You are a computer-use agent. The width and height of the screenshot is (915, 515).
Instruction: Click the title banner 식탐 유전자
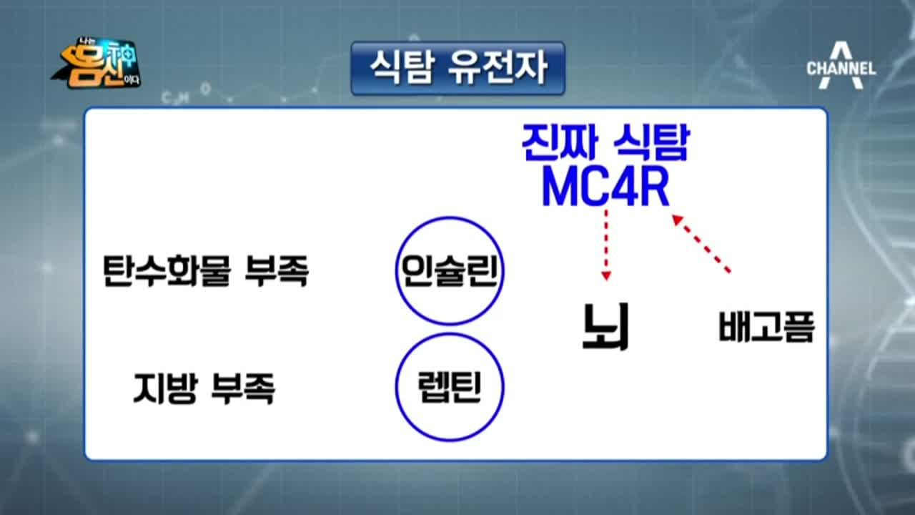pos(458,68)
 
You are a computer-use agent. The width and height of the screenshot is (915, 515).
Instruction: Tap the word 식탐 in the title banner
pos(401,68)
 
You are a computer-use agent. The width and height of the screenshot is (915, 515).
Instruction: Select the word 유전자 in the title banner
pos(497,68)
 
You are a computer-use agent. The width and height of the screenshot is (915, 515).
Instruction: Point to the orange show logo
pos(97,64)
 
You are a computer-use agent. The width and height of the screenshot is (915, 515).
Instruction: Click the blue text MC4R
pos(605,187)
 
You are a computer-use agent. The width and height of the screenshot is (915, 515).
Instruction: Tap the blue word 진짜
pos(560,142)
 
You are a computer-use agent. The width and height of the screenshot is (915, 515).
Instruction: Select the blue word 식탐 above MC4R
pos(651,142)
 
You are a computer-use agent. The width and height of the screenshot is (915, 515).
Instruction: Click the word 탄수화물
pos(167,270)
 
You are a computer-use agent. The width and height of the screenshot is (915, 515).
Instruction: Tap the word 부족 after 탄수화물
pos(277,270)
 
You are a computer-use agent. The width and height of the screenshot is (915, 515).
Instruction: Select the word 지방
pos(166,388)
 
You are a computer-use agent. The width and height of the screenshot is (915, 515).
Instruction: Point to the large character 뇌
pos(605,326)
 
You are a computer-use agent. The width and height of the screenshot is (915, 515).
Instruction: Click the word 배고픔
pos(767,326)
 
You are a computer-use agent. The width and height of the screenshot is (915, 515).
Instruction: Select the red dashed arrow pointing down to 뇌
pos(606,245)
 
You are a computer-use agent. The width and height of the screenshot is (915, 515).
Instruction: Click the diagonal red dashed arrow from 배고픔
pos(701,244)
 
